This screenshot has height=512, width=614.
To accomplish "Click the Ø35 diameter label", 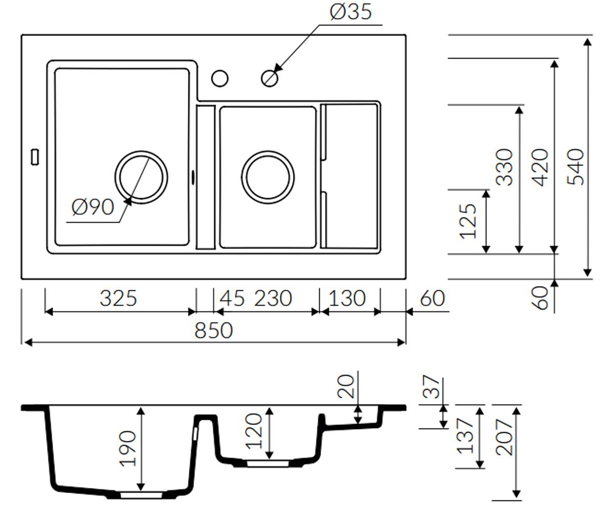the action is tap(351, 12).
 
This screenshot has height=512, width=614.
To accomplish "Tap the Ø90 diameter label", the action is tap(93, 207).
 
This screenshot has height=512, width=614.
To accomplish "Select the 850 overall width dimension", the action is tap(214, 330).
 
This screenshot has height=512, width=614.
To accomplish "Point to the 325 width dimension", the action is tap(119, 298).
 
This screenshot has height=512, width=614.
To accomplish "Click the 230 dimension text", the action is tap(273, 298).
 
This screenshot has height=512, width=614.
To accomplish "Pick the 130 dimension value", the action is tap(347, 298).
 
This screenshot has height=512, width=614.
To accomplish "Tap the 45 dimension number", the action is tap(232, 298).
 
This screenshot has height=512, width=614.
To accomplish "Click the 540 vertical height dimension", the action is tap(576, 167).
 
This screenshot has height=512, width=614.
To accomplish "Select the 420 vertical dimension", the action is tap(540, 167).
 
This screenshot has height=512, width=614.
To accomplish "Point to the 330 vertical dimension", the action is tap(505, 167).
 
